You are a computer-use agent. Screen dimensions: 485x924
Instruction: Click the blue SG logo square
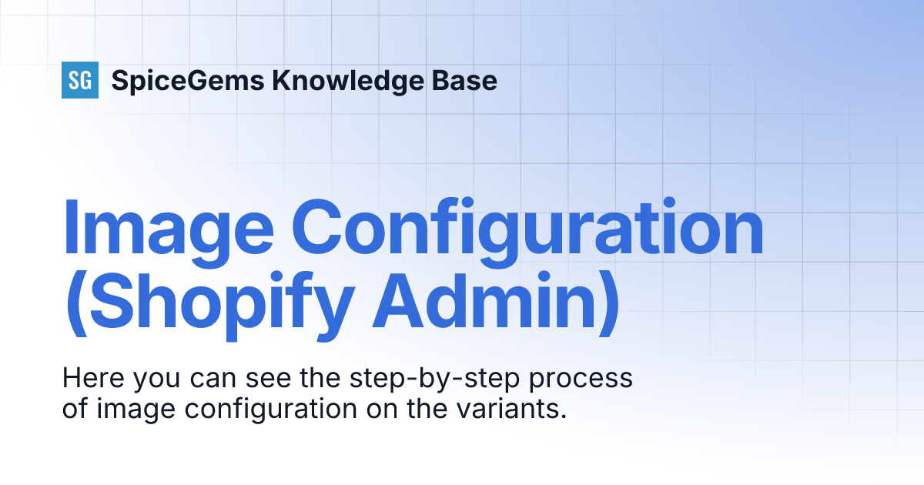[x=80, y=80]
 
